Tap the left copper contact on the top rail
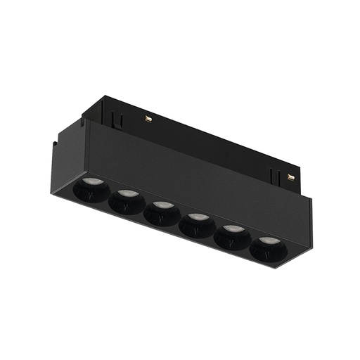[149, 117]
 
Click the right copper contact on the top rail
[291, 176]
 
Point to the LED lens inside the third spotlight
[162, 206]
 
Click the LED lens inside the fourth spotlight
[198, 217]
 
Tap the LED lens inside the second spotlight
[126, 194]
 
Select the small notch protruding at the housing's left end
[56, 149]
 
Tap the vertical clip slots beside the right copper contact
[276, 172]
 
